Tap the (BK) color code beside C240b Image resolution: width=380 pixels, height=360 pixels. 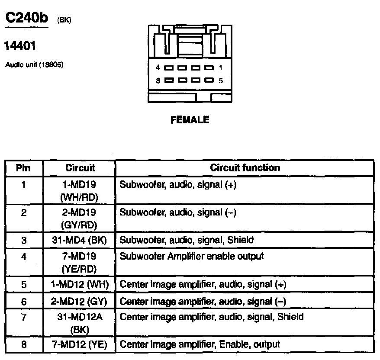(x=64, y=20)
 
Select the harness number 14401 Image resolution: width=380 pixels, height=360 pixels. (x=20, y=45)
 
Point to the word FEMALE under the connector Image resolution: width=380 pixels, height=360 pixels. (x=190, y=120)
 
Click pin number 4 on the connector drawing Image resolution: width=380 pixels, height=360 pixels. (x=158, y=68)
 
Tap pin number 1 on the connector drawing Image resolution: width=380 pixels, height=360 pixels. (x=221, y=68)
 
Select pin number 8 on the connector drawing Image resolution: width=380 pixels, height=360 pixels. (x=158, y=80)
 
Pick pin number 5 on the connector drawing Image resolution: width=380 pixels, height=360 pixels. (x=221, y=80)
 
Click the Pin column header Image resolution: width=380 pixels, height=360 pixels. (x=23, y=168)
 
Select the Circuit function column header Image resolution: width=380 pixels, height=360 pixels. (x=245, y=168)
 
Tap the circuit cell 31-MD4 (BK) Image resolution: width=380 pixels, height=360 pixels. (x=79, y=240)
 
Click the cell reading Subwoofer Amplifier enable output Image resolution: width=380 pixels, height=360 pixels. (x=191, y=256)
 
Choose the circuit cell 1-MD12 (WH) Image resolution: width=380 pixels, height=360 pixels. (x=79, y=284)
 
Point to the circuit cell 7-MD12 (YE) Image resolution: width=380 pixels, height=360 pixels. (x=79, y=345)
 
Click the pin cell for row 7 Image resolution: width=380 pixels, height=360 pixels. (x=23, y=317)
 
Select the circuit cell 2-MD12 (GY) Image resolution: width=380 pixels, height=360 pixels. (x=79, y=301)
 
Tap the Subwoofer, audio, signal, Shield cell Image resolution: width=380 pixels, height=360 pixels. (x=187, y=240)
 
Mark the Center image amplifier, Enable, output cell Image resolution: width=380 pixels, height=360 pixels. (x=200, y=345)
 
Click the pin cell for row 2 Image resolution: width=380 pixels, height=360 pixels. (x=23, y=213)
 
